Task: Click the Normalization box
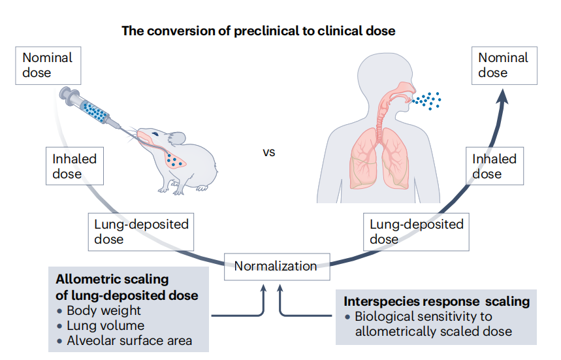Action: click(x=276, y=267)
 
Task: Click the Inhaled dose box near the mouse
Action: click(x=75, y=166)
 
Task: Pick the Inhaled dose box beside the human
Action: click(x=494, y=166)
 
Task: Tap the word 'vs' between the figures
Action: click(x=269, y=153)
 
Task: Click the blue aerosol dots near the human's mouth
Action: click(x=428, y=99)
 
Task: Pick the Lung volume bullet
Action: click(x=105, y=325)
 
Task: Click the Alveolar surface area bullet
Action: click(x=129, y=340)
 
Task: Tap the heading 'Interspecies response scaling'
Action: click(x=436, y=302)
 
